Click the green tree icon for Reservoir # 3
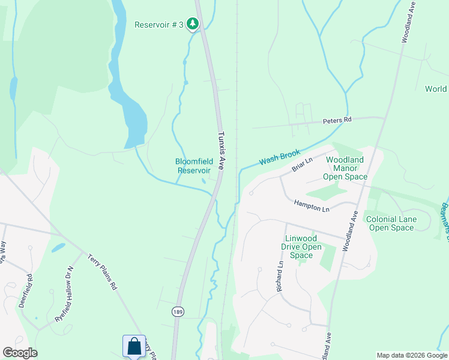click(x=192, y=24)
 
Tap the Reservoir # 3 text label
click(x=159, y=25)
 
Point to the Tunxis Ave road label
click(x=221, y=151)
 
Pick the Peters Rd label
click(x=337, y=121)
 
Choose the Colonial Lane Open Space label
click(x=391, y=224)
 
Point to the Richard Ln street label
click(x=280, y=277)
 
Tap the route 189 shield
click(x=177, y=312)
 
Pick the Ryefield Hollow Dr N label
click(x=63, y=294)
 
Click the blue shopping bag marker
click(x=134, y=347)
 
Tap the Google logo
click(x=20, y=353)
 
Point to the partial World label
click(x=436, y=89)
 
